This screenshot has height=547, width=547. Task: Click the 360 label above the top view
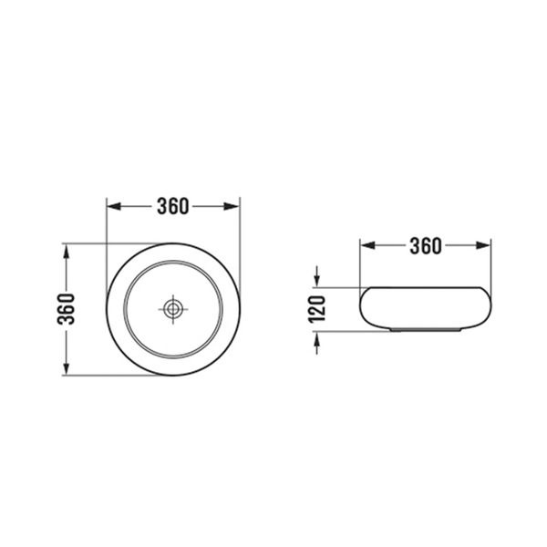[172, 206]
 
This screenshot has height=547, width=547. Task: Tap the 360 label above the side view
[425, 245]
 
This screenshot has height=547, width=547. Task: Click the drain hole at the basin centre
[172, 309]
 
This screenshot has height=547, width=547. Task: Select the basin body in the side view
[425, 308]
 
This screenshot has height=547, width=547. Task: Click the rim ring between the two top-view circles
[172, 253]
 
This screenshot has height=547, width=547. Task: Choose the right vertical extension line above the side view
[491, 264]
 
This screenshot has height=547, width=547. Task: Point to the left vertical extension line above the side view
[360, 264]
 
